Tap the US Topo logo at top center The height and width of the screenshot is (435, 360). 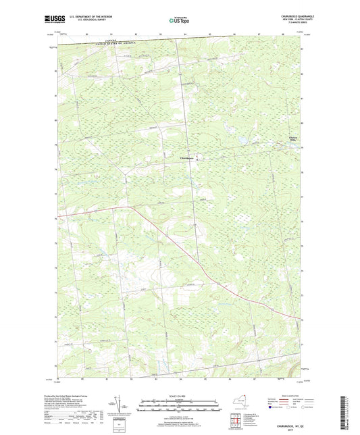[179, 21]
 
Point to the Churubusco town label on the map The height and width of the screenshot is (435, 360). [189, 159]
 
